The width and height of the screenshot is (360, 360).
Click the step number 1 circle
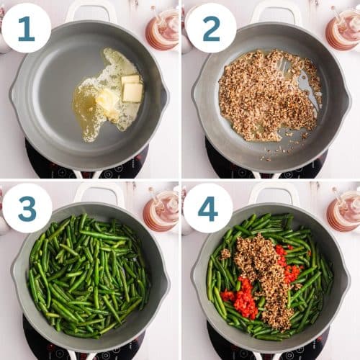[26, 28]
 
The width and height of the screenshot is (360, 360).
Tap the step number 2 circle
[211, 28]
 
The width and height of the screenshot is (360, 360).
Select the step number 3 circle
[27, 208]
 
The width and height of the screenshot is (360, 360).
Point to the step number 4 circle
[208, 208]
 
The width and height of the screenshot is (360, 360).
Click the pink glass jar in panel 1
[162, 29]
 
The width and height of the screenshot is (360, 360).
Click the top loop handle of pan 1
[91, 9]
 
